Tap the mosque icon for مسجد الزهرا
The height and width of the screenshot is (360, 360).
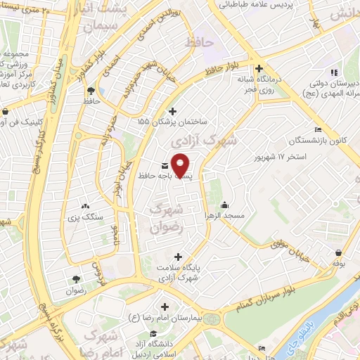point(224,205)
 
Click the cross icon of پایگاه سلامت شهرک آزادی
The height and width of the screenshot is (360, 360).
point(178,257)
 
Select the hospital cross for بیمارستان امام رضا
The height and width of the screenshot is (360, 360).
point(165,307)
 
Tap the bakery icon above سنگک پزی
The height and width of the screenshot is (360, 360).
point(86,206)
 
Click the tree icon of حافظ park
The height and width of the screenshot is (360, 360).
point(91,90)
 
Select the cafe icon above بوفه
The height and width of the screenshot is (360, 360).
point(340,252)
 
